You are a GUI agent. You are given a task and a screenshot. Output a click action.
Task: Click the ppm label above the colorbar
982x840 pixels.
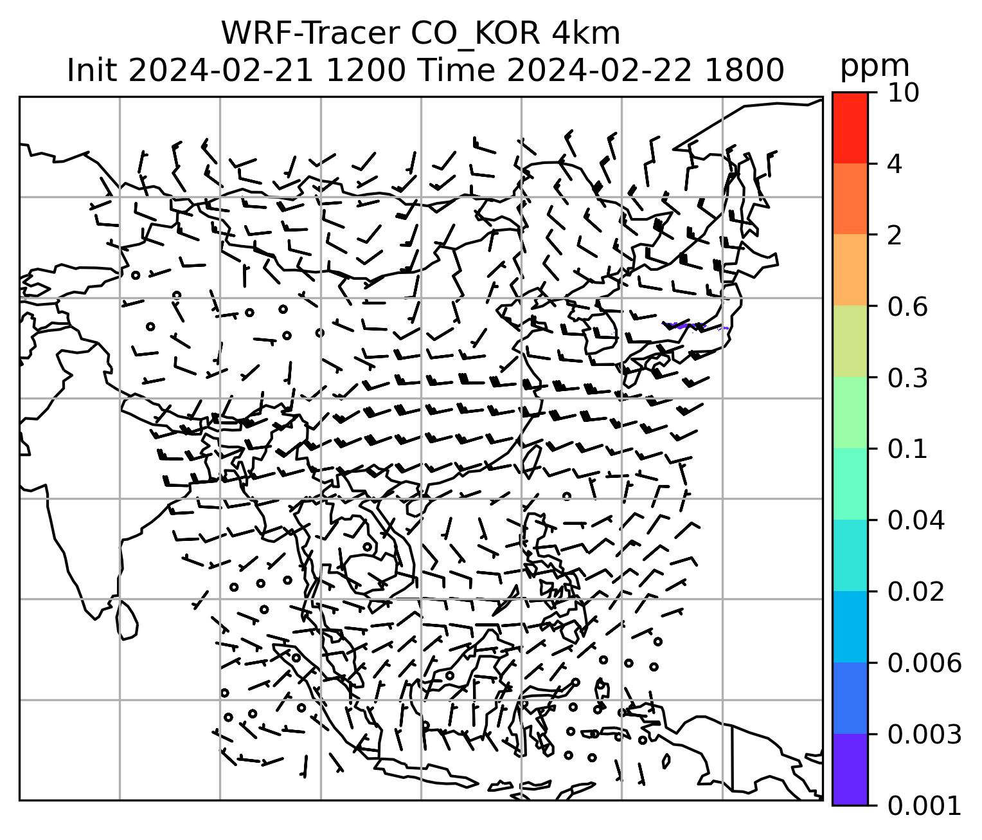[x=875, y=66]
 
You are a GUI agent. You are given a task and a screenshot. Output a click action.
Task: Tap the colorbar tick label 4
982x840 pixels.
[x=895, y=164]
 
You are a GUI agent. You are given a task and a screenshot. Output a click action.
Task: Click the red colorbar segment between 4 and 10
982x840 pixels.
[x=850, y=127]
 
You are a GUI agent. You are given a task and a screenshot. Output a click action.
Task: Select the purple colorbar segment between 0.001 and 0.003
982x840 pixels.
[x=850, y=769]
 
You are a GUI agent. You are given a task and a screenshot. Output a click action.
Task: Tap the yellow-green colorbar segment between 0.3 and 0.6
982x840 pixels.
[x=850, y=342]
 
